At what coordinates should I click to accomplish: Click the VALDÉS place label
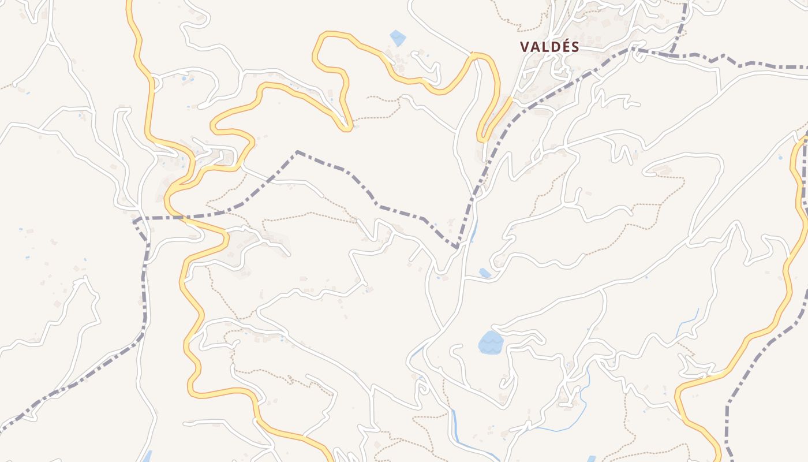coord(549,47)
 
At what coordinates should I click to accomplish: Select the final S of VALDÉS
coord(575,47)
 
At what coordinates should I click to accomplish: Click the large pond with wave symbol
coord(491,342)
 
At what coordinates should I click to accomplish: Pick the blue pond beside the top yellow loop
coord(398,38)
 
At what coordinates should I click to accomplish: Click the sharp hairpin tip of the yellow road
coord(346,127)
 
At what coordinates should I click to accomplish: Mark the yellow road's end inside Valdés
coord(510,99)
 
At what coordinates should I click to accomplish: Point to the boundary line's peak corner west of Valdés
coord(297,152)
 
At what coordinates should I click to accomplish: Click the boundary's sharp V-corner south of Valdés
coord(457,247)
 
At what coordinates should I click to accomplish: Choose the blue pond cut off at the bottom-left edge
coord(147,456)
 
